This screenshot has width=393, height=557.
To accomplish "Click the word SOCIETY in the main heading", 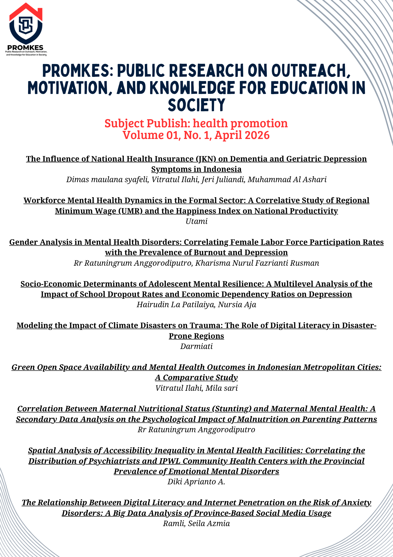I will pos(196,105).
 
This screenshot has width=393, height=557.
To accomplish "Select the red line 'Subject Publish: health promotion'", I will pos(196,123).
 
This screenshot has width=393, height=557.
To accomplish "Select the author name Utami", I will pos(196,221).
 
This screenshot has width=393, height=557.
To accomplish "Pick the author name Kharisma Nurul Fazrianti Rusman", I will pos(257,263).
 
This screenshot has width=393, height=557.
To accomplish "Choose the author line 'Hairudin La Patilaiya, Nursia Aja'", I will pos(196,305).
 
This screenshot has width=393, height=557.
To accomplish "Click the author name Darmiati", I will pos(196,346).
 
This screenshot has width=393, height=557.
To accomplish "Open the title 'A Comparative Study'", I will pos(196,378).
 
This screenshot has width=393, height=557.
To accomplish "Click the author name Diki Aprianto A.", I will pos(196,482).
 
